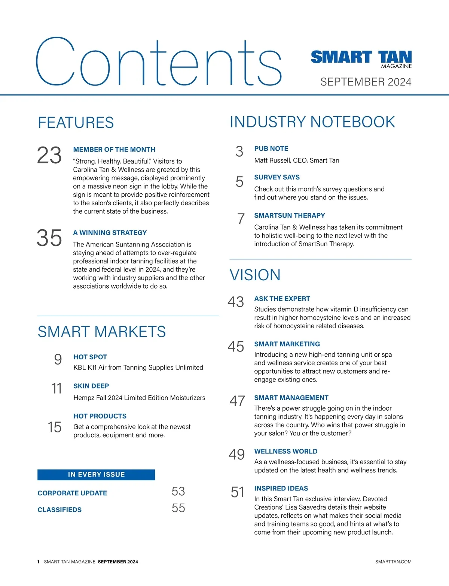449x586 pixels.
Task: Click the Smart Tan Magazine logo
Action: [x=361, y=59]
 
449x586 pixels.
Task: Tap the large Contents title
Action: [x=158, y=62]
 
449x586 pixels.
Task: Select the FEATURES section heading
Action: [x=76, y=123]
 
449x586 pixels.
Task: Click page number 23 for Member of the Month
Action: [x=49, y=155]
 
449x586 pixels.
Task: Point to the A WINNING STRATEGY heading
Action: [x=110, y=233]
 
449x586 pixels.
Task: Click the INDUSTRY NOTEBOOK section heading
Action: [x=312, y=122]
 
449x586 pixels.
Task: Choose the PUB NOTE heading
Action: [x=271, y=149]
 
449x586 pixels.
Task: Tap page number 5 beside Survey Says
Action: [x=239, y=182]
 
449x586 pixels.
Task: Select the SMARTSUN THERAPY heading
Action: [x=290, y=215]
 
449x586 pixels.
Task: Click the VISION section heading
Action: [x=255, y=275]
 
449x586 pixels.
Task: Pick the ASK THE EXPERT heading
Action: [x=282, y=299]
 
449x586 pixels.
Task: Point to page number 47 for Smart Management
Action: [x=237, y=401]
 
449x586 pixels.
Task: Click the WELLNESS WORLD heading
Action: [x=286, y=451]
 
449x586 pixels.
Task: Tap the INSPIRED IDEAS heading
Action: [x=281, y=489]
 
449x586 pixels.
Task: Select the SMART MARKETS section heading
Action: [x=102, y=332]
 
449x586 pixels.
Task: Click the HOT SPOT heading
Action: [x=90, y=357]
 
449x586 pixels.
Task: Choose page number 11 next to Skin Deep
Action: [x=56, y=389]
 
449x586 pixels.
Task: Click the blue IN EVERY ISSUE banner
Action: [x=96, y=475]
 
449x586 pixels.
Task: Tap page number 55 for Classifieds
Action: [x=178, y=508]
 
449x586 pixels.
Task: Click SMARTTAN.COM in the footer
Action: [x=393, y=562]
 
